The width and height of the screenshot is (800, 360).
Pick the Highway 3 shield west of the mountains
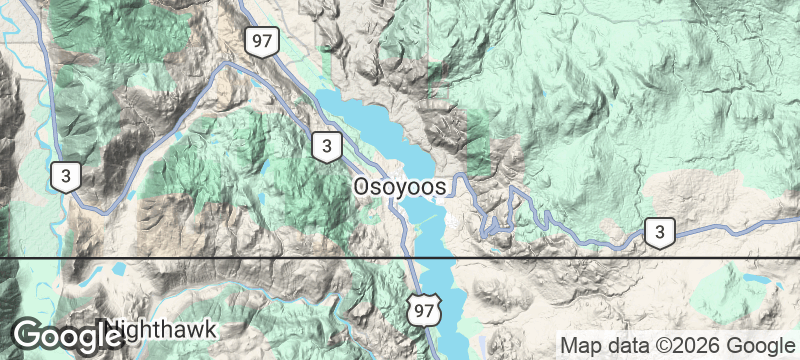click(x=66, y=178)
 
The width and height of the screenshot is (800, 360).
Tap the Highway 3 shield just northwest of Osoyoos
click(x=326, y=146)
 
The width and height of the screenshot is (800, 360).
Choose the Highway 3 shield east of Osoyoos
click(x=659, y=233)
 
